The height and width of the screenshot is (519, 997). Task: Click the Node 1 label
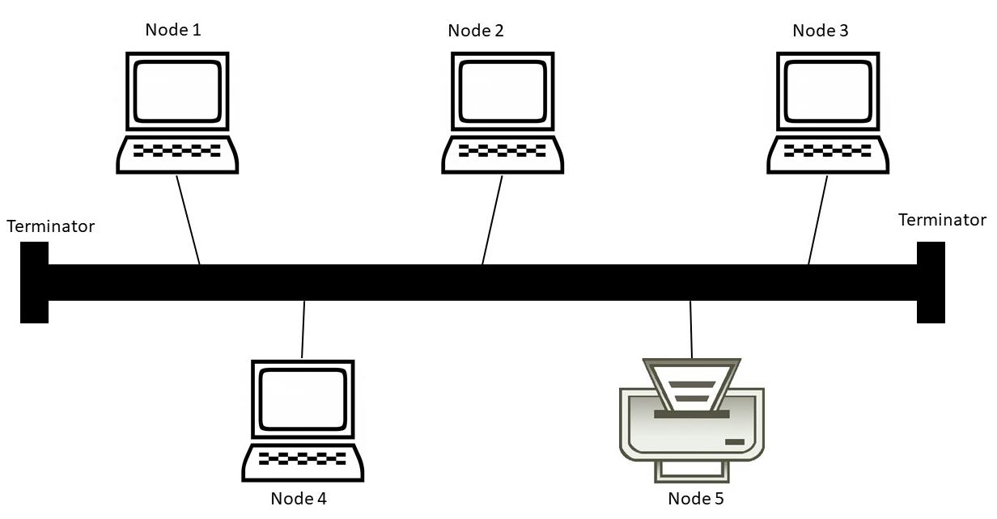[173, 30]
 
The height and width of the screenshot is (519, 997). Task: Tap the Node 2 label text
[476, 31]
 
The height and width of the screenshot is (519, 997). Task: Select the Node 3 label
[821, 31]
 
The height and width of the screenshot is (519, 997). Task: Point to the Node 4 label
[299, 498]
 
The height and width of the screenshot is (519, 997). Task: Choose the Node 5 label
[696, 498]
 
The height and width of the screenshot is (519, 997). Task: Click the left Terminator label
[50, 226]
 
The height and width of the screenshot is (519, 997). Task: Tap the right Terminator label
[942, 220]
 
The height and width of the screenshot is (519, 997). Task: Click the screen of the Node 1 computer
[177, 90]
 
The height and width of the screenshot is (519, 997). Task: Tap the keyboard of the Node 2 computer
[503, 151]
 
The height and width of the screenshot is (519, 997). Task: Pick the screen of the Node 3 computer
[828, 90]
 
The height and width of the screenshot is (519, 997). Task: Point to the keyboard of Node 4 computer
[303, 458]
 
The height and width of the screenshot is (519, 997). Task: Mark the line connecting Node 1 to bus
[188, 220]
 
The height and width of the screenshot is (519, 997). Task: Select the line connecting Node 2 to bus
[492, 220]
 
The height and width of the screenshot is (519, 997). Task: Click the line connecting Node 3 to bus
[818, 220]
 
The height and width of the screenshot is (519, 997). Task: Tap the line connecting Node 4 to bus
[303, 329]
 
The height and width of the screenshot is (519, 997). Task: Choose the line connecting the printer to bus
[691, 329]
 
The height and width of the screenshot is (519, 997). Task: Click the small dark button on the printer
[735, 441]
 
